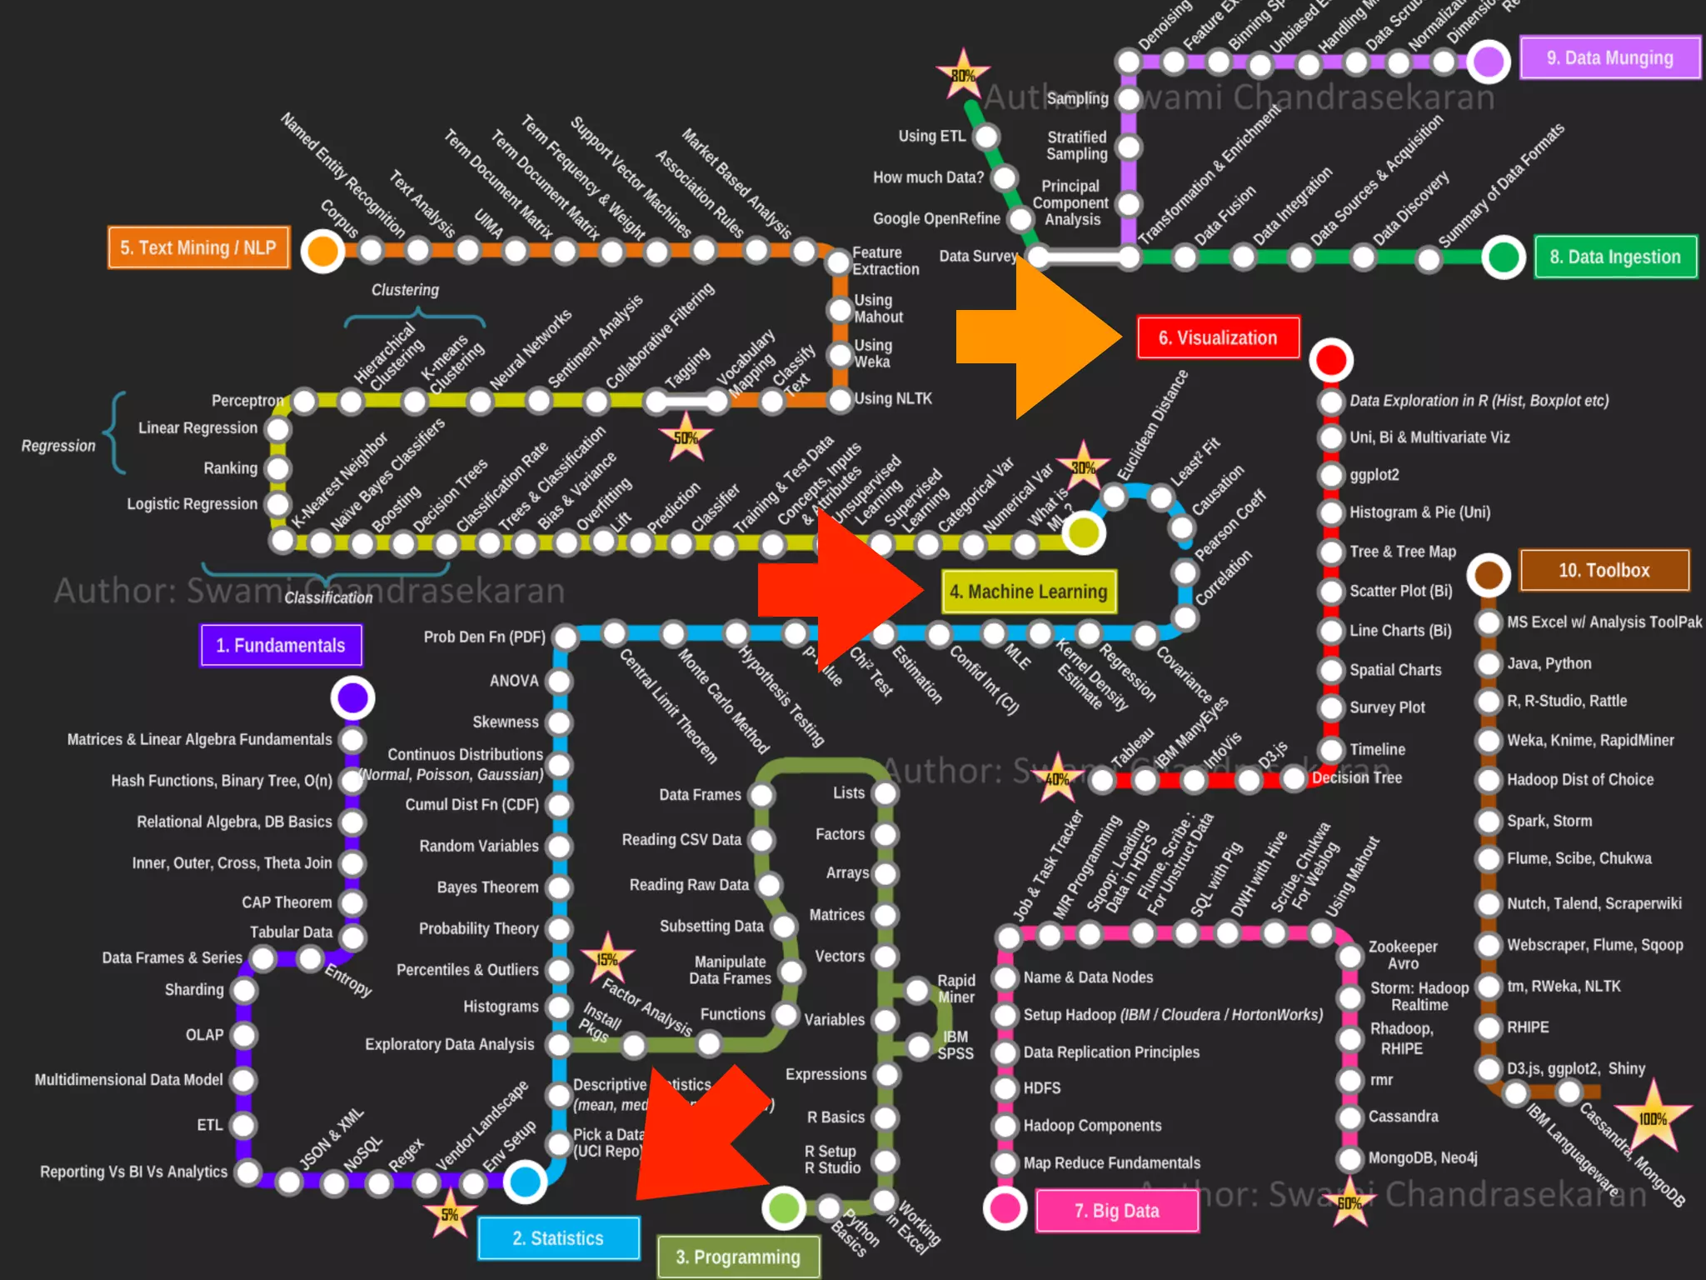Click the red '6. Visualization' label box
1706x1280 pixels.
click(x=1218, y=337)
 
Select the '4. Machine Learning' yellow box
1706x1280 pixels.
click(x=1029, y=592)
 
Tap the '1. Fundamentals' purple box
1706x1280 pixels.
click(x=281, y=646)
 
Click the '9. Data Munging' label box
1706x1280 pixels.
click(x=1609, y=57)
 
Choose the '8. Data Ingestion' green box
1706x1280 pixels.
click(x=1615, y=257)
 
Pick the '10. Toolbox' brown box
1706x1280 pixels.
click(x=1604, y=570)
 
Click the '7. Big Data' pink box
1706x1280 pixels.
click(x=1116, y=1211)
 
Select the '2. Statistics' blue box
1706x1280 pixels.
click(x=558, y=1238)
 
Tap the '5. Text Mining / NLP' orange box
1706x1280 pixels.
click(x=198, y=247)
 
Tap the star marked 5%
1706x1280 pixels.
click(x=450, y=1214)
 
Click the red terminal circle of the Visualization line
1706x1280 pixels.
click(x=1330, y=360)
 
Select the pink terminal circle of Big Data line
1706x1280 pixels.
click(x=1005, y=1207)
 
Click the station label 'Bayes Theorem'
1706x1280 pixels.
click(x=487, y=887)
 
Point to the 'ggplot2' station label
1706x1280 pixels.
click(x=1374, y=474)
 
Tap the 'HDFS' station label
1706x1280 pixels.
click(x=1041, y=1087)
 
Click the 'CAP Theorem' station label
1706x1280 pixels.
click(x=287, y=902)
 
